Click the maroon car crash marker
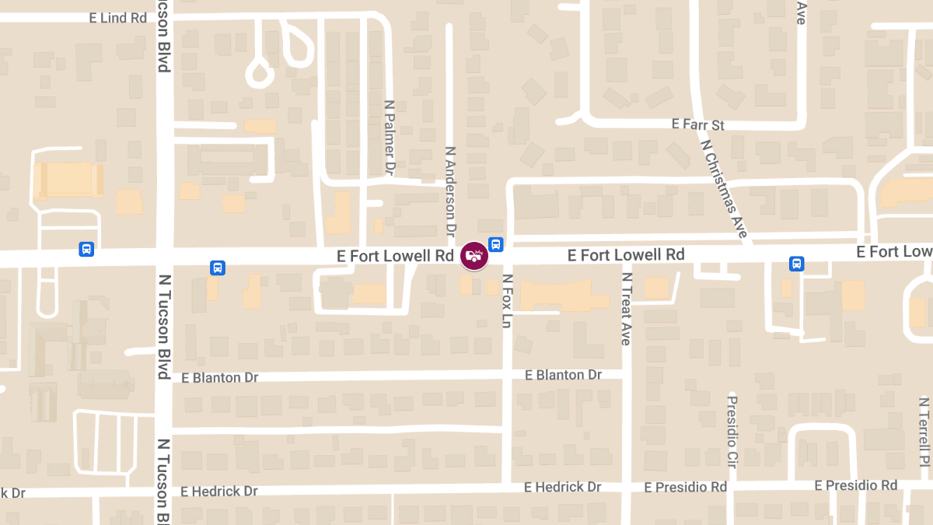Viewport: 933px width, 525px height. tap(474, 256)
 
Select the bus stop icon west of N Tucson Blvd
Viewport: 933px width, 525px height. tap(86, 249)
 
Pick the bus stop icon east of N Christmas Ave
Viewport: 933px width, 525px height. tap(797, 264)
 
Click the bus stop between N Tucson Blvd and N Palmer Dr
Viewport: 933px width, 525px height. tap(218, 268)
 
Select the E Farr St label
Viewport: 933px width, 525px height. tap(697, 124)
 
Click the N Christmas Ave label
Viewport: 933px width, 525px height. tap(724, 189)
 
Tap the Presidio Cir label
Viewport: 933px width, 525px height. tap(732, 426)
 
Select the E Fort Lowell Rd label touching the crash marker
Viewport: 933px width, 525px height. tap(396, 256)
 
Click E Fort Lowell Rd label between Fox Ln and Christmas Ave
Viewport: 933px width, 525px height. tap(626, 255)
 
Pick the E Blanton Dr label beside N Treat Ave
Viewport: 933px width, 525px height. tap(564, 375)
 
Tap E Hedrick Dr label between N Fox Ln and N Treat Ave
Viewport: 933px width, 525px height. tap(562, 487)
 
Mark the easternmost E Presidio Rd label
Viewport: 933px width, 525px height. tap(856, 485)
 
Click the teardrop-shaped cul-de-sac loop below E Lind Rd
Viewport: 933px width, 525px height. tap(260, 74)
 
